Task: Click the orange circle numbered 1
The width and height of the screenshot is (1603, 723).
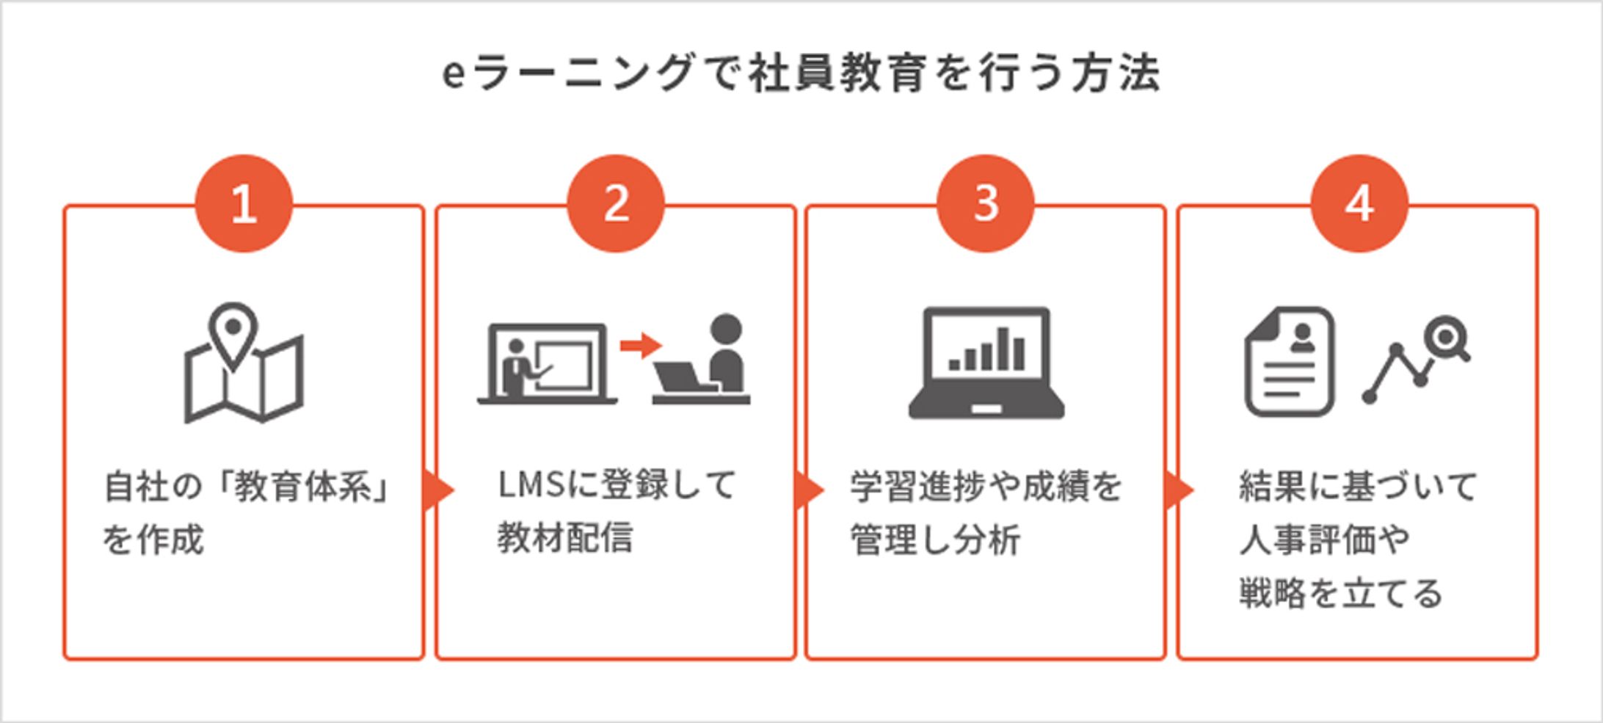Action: pyautogui.click(x=244, y=203)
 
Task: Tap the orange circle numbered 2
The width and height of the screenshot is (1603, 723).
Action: pyautogui.click(x=616, y=203)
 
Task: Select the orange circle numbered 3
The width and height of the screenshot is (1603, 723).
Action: pyautogui.click(x=986, y=203)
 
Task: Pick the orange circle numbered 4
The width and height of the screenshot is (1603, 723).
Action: pyautogui.click(x=1359, y=203)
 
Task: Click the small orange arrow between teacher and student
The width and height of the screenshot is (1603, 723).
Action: pyautogui.click(x=639, y=345)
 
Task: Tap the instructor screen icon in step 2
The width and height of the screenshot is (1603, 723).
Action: pyautogui.click(x=547, y=364)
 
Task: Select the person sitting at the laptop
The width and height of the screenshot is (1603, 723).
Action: pyautogui.click(x=725, y=356)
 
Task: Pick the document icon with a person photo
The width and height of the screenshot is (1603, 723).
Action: pyautogui.click(x=1289, y=361)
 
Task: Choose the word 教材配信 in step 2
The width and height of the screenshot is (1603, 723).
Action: pyautogui.click(x=564, y=537)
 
